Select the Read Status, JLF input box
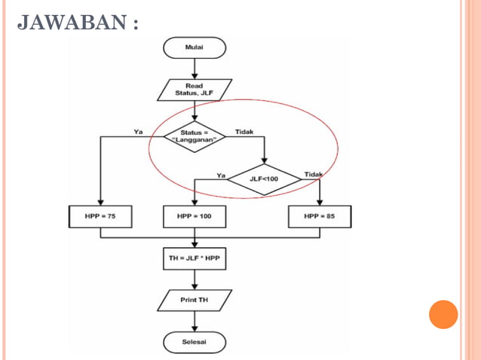click(x=195, y=90)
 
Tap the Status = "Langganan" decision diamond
click(x=195, y=136)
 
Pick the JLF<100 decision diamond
click(x=265, y=179)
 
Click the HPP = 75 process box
click(x=100, y=217)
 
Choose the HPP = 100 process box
click(x=195, y=217)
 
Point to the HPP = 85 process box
click(x=320, y=217)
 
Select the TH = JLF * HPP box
click(x=195, y=260)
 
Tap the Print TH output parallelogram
click(x=195, y=301)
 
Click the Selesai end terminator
click(x=195, y=342)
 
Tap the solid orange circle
click(x=443, y=314)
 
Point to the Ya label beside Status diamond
click(x=138, y=132)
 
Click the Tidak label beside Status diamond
click(x=244, y=132)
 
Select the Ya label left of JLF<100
click(x=221, y=175)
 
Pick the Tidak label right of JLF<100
click(x=313, y=175)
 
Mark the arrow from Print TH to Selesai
click(x=195, y=322)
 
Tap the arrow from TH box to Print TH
click(x=195, y=280)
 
